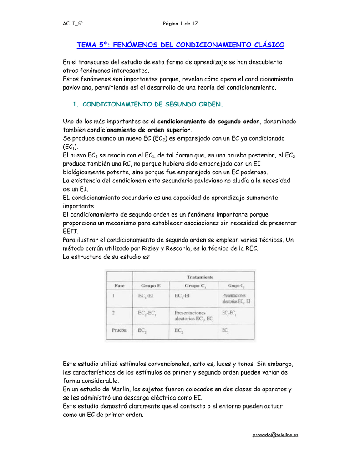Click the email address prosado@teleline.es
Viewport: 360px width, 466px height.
275,435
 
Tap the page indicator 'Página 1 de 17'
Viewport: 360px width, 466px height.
180,23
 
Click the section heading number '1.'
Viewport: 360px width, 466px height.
76,104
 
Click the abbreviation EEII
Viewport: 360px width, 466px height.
71,231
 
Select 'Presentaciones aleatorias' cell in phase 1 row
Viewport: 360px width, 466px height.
236,298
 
